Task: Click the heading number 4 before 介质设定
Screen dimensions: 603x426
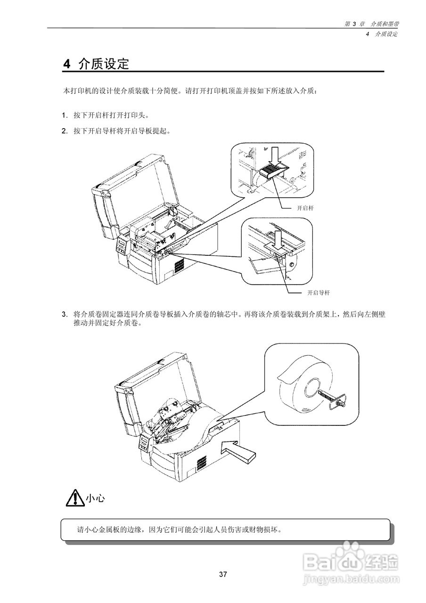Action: (67, 65)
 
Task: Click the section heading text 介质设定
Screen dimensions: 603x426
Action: (104, 65)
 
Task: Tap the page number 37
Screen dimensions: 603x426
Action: (223, 574)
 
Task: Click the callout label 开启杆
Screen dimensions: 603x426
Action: (305, 207)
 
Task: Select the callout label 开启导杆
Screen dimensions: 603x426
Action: (318, 293)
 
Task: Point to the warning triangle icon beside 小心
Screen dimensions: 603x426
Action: (74, 498)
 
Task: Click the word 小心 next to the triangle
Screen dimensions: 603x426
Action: (95, 498)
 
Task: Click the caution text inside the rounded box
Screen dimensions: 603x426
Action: (179, 529)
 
